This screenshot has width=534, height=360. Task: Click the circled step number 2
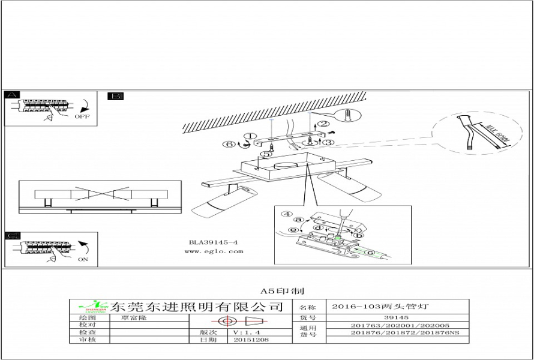pyautogui.click(x=323, y=124)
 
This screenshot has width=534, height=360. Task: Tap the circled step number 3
pyautogui.click(x=326, y=142)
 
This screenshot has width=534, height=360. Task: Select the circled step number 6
pyautogui.click(x=229, y=144)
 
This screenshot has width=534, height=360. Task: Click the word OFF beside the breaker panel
pyautogui.click(x=82, y=117)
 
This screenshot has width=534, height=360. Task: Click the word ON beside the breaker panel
pyautogui.click(x=82, y=259)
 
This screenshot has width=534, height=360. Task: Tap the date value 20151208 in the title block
pyautogui.click(x=247, y=340)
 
